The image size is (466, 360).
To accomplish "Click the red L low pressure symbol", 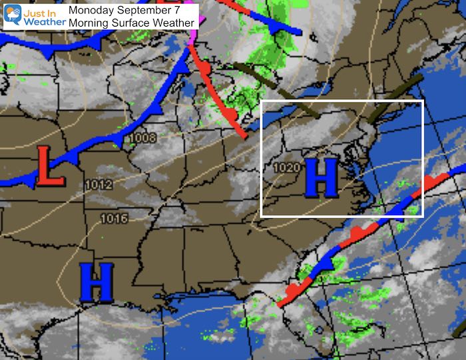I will [42, 164].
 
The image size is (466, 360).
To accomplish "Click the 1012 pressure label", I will [99, 184].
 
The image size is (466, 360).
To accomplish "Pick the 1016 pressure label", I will [113, 218].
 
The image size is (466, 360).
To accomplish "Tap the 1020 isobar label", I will [286, 168].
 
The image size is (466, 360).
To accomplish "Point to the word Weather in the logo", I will [45, 22].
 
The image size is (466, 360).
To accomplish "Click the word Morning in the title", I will [92, 23].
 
